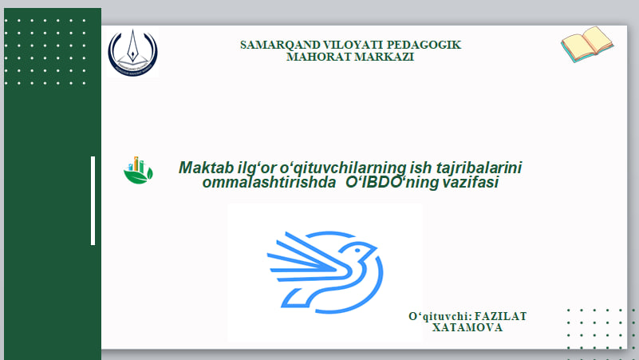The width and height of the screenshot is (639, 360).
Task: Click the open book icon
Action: pyautogui.click(x=587, y=45)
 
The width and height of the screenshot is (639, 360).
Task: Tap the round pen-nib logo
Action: pyautogui.click(x=132, y=52)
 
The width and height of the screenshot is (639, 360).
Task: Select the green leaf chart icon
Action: pyautogui.click(x=138, y=170)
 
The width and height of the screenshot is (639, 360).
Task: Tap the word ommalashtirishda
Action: pyautogui.click(x=269, y=182)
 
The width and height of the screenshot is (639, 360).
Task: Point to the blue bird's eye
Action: pyautogui.click(x=357, y=251)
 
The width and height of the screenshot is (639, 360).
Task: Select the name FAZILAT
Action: pyautogui.click(x=500, y=316)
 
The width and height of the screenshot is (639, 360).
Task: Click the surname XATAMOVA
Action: pyautogui.click(x=467, y=328)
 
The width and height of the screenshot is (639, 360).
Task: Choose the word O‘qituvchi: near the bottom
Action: pyautogui.click(x=440, y=316)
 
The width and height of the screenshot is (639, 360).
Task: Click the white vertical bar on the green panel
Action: pyautogui.click(x=93, y=200)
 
